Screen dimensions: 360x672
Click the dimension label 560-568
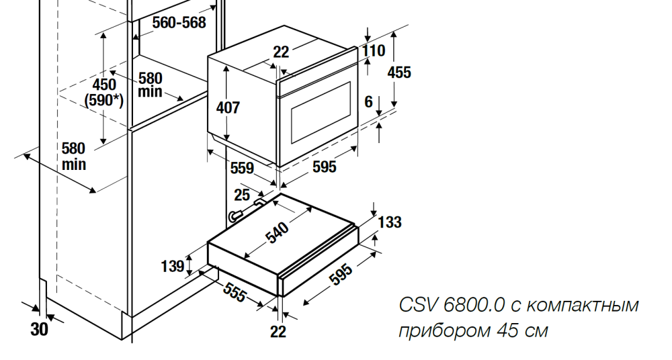coord(179,22)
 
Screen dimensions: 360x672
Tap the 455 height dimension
coord(399,72)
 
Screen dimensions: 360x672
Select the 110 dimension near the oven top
coord(374,50)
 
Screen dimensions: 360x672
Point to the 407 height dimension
coord(228,107)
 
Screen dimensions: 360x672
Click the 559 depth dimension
coord(243,169)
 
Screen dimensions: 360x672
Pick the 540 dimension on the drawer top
coord(277,232)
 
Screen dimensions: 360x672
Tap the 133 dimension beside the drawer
coord(390,222)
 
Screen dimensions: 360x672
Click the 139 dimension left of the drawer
coord(173,267)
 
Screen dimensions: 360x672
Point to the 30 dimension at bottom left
coord(40,330)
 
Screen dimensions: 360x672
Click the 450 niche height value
coord(104,85)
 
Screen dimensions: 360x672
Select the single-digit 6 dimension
coord(368,101)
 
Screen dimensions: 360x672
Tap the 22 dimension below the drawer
coord(278,330)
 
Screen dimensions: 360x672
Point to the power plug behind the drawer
coord(235,216)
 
